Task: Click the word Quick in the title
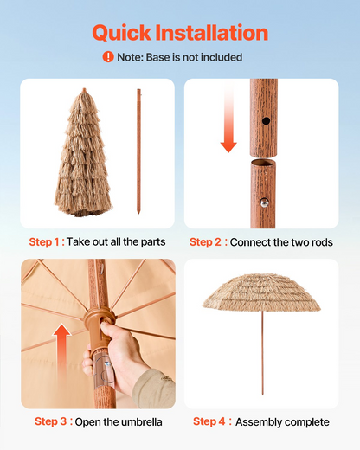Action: (x=122, y=33)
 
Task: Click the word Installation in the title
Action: (x=212, y=32)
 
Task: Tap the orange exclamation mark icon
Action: (x=108, y=57)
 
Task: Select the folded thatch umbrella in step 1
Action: (x=83, y=153)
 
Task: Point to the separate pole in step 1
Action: (x=138, y=151)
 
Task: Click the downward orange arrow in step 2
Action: (x=228, y=119)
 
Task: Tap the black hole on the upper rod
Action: (x=266, y=121)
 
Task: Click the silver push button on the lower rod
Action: (x=264, y=203)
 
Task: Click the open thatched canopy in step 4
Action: (x=261, y=292)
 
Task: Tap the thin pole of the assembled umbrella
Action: (x=262, y=353)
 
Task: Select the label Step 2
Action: (x=205, y=242)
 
